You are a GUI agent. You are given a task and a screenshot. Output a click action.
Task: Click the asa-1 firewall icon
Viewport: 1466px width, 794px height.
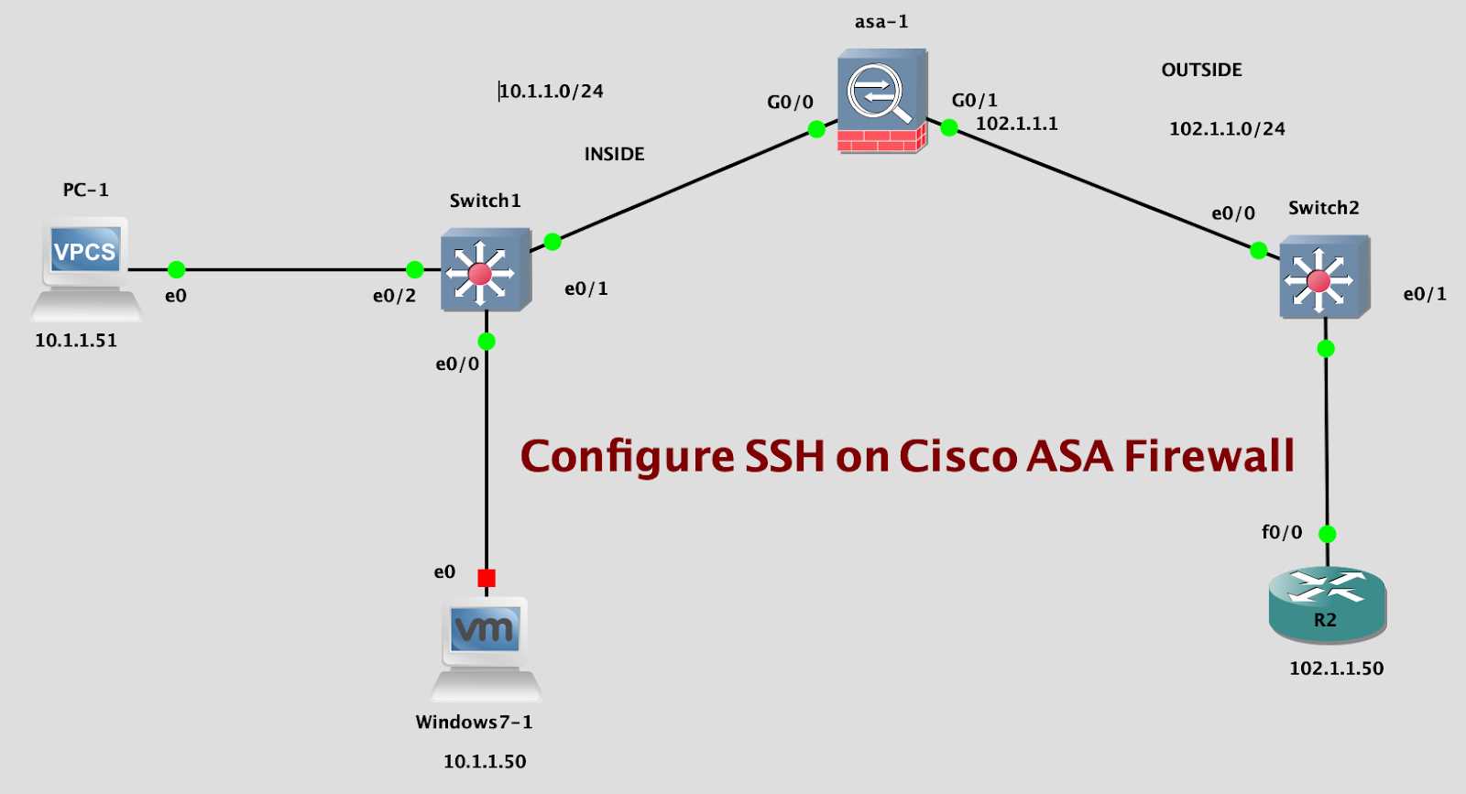[x=881, y=101]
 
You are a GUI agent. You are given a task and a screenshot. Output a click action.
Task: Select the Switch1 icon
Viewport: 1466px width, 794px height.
[x=485, y=271]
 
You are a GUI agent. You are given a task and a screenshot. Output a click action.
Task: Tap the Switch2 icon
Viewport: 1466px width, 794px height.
[x=1323, y=277]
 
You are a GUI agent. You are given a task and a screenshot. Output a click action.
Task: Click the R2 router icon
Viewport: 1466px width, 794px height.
[x=1327, y=604]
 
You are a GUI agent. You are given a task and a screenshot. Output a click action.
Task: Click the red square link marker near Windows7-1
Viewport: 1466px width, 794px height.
[x=487, y=578]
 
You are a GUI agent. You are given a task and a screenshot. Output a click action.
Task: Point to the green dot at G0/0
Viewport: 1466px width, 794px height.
[x=816, y=130]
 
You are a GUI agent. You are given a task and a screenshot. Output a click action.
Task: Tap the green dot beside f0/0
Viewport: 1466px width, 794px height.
[x=1327, y=534]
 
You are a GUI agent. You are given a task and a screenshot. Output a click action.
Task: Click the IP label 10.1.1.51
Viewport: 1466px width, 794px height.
[x=76, y=341]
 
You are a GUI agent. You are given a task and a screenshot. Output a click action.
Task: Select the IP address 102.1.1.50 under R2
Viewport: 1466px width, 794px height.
[x=1336, y=669]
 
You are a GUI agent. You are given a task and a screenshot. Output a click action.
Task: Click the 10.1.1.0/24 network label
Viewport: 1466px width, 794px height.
[x=551, y=91]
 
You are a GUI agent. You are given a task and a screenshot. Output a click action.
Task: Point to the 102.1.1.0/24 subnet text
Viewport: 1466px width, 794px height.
[x=1227, y=129]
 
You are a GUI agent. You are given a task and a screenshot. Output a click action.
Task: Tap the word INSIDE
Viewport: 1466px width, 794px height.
[x=614, y=154]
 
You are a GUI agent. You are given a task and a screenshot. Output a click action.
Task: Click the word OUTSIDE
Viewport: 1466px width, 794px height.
[x=1201, y=70]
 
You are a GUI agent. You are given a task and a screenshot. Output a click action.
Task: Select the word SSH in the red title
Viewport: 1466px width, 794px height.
[x=784, y=456]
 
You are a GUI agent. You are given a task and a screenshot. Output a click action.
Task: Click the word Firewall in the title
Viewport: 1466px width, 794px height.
[x=1209, y=456]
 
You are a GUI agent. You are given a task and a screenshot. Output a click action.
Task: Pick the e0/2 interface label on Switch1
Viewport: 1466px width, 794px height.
[x=394, y=296]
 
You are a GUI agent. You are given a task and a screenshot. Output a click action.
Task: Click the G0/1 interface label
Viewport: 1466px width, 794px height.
[x=974, y=100]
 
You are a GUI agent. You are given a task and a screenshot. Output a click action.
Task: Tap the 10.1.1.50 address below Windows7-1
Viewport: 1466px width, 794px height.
[x=485, y=762]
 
